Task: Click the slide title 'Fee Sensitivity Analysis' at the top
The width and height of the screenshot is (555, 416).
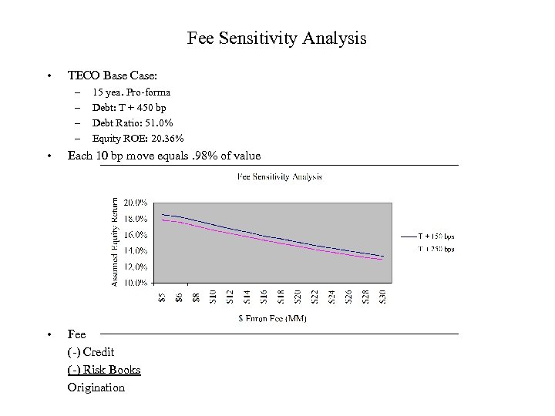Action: [x=277, y=38]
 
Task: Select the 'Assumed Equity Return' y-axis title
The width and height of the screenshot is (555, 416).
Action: [x=115, y=243]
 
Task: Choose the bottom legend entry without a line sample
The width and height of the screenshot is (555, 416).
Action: [x=436, y=249]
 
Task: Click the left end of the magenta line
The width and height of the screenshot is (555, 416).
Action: [x=162, y=220]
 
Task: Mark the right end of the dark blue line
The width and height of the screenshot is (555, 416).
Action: [x=382, y=256]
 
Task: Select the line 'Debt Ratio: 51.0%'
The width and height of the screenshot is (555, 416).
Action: [x=133, y=123]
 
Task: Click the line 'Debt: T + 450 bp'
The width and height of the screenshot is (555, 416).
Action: [x=129, y=108]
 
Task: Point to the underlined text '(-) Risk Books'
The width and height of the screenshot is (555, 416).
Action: [x=104, y=370]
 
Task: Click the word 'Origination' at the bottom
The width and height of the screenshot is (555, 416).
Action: [x=96, y=387]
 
